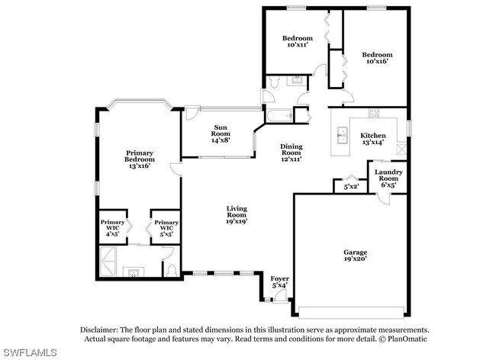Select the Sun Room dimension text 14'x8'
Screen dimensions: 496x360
coord(221,140)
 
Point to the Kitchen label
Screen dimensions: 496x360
coord(373,136)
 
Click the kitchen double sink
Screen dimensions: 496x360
coord(343,135)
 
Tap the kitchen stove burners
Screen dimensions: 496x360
coord(374,113)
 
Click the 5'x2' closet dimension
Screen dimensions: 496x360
coord(351,187)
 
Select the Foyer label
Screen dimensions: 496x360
coord(279,278)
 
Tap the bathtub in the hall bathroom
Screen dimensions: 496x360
coord(279,116)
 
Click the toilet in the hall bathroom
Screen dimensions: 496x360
coord(274,82)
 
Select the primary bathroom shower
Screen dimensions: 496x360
coord(108,262)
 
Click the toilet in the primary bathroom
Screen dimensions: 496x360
coord(172,270)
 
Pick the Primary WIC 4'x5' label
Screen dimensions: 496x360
coord(113,228)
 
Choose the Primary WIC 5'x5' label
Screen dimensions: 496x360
coord(166,228)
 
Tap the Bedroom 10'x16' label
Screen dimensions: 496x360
coord(377,58)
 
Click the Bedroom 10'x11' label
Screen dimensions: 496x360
coord(298,41)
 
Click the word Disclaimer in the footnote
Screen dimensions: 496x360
coord(99,330)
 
